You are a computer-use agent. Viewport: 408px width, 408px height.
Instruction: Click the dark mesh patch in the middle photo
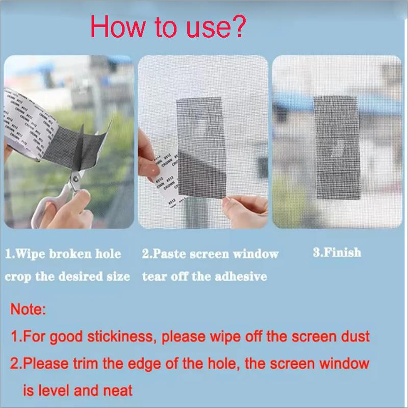tap(204, 153)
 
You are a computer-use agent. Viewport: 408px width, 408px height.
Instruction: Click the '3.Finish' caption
tap(337, 252)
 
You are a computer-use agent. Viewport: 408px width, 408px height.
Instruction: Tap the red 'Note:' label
tap(29, 309)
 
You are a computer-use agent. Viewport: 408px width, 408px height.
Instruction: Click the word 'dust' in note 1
tap(355, 337)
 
